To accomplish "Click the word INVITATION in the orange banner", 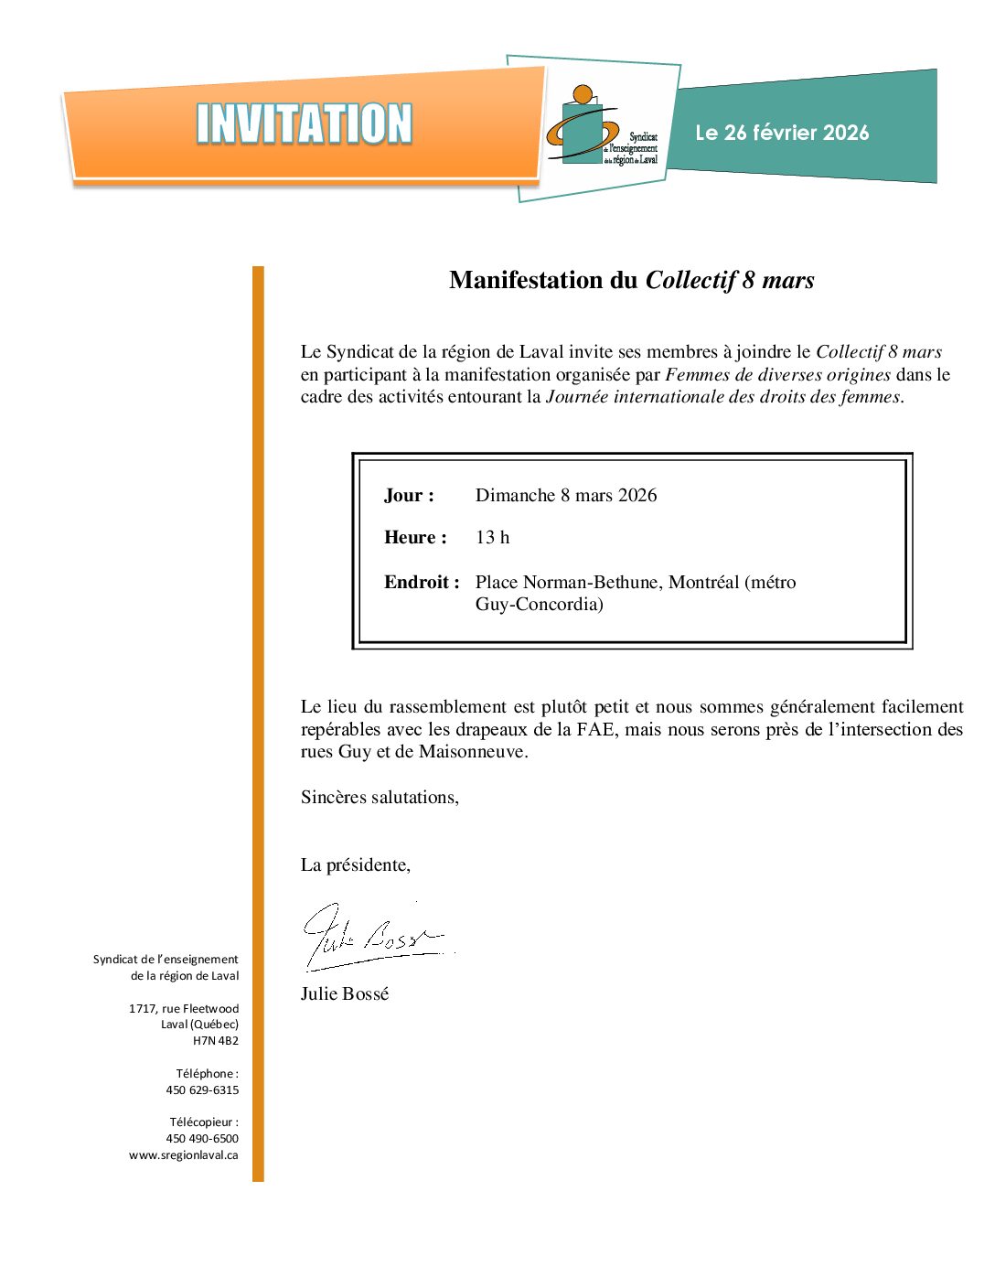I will [x=304, y=124].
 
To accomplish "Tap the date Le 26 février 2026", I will [x=782, y=134].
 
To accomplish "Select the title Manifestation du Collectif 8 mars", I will [x=631, y=280].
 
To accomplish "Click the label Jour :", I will [x=409, y=496].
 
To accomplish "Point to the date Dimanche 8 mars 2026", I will [x=565, y=496].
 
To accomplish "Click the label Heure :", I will [x=415, y=538].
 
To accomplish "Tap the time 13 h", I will [x=492, y=538].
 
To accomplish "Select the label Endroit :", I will [x=422, y=583].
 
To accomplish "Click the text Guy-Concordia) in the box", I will [x=539, y=605].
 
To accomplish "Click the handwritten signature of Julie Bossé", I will [x=370, y=936].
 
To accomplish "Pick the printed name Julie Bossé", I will [x=345, y=994].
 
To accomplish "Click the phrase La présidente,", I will [x=356, y=865].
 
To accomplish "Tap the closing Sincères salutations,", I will [x=380, y=798].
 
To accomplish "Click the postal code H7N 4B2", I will [x=216, y=1041].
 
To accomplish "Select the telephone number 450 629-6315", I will [x=202, y=1090].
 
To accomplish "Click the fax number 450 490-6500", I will [x=202, y=1139].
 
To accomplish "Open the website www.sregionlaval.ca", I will [x=184, y=1155].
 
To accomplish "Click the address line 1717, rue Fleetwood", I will [x=184, y=1009].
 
